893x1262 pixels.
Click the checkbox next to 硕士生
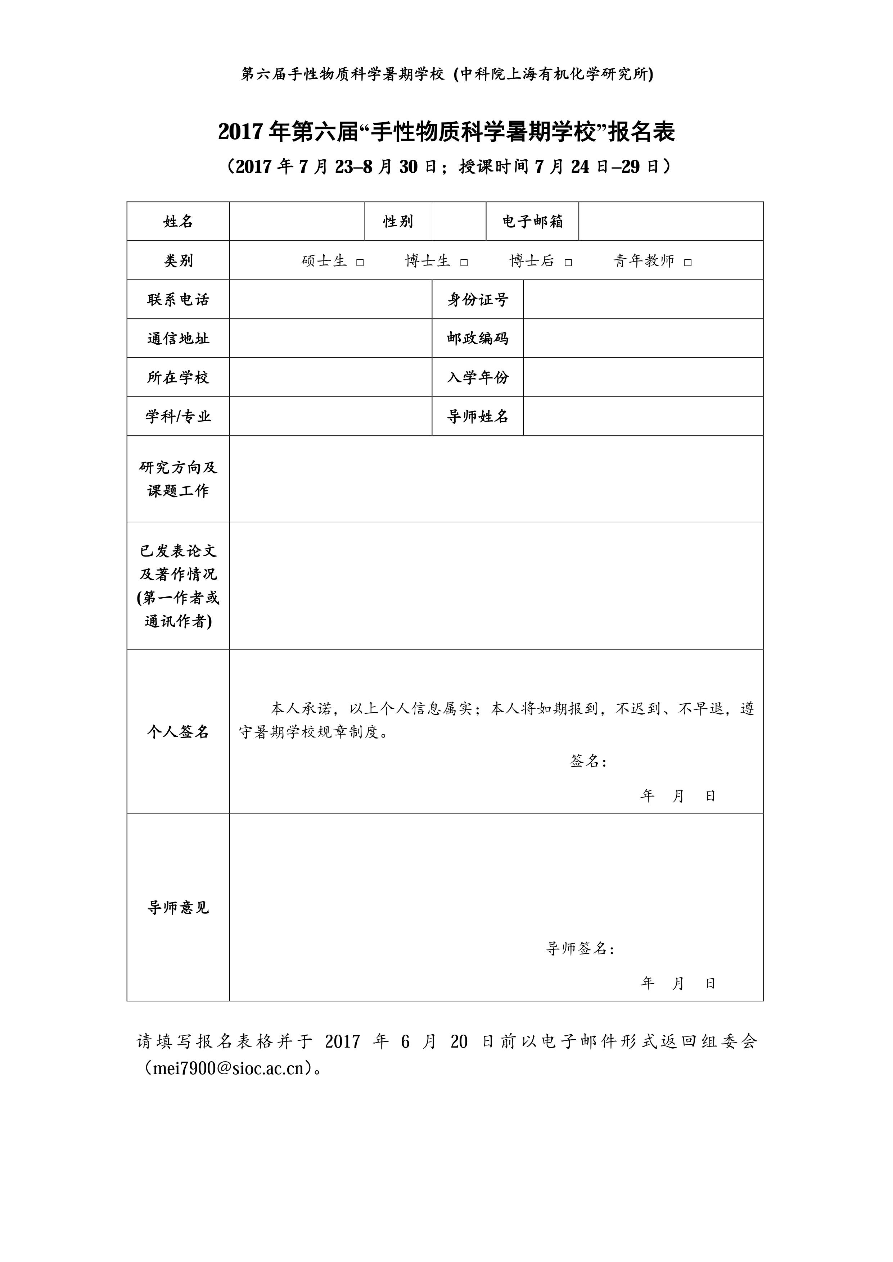pyautogui.click(x=360, y=263)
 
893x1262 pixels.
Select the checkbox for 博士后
pyautogui.click(x=569, y=263)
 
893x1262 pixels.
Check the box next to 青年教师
pyautogui.click(x=688, y=263)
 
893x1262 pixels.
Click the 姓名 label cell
pyautogui.click(x=178, y=222)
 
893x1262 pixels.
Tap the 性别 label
pyautogui.click(x=398, y=222)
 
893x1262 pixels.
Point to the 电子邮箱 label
pyautogui.click(x=532, y=222)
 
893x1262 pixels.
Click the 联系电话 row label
pyautogui.click(x=178, y=300)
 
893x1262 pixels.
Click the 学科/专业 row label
pyautogui.click(x=178, y=417)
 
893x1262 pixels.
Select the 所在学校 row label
pyautogui.click(x=178, y=378)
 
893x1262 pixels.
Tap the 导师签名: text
pyautogui.click(x=580, y=948)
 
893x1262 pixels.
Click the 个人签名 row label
pyautogui.click(x=178, y=732)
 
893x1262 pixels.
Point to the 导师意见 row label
pyautogui.click(x=178, y=908)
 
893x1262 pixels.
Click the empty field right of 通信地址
pyautogui.click(x=330, y=339)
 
